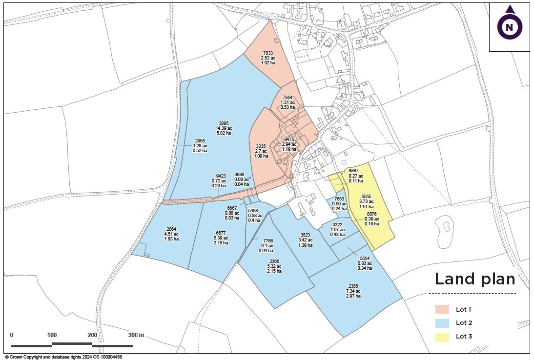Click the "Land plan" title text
pos(474,279)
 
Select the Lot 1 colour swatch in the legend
pos(442,309)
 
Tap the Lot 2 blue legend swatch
pos(442,322)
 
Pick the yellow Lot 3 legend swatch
pos(442,336)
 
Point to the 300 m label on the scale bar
pos(136,335)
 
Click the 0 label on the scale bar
pos(12,335)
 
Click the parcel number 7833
pos(268,53)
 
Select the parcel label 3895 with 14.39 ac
pos(224,123)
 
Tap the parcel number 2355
pos(353,286)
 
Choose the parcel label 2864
pos(171,229)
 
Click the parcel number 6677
pos(221,233)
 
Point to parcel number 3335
pos(261,146)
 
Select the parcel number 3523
pos(305,234)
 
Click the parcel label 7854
pos(287,98)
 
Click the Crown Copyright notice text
pos(63,357)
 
